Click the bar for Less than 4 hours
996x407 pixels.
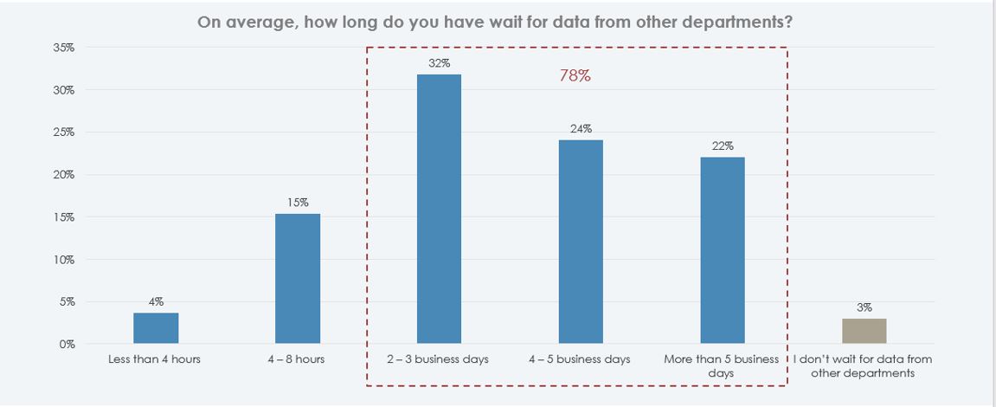click(156, 328)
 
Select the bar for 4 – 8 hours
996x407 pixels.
click(297, 279)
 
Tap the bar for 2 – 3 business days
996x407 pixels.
click(439, 209)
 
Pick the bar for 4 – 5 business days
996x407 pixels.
click(581, 242)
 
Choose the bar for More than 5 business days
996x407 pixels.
click(723, 250)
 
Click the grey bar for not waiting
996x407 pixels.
click(864, 331)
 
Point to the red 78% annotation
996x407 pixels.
click(575, 75)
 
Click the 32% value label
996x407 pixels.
click(439, 63)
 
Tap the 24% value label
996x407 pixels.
click(581, 129)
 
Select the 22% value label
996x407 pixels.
click(723, 146)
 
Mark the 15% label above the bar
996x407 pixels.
click(297, 203)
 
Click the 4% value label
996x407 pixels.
click(156, 301)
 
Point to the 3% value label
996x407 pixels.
click(864, 307)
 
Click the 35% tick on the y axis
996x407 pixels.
click(63, 48)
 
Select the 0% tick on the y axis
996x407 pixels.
click(67, 344)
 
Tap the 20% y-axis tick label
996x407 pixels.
click(63, 174)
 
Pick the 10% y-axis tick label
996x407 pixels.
click(63, 259)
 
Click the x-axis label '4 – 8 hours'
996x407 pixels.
click(297, 359)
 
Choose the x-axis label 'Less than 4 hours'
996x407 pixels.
click(155, 359)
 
